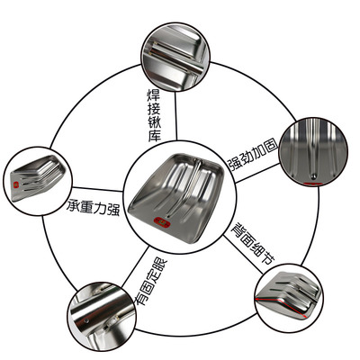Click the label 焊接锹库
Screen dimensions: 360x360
point(154,115)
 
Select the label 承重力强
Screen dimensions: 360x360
point(94,207)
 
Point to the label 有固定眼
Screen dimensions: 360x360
point(150,281)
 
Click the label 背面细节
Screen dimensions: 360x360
point(253,243)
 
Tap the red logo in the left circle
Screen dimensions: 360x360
point(15,184)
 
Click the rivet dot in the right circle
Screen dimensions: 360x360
point(313,175)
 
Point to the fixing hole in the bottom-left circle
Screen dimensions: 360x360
point(86,321)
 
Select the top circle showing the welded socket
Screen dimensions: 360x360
point(175,57)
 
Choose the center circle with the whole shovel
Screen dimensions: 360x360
point(180,197)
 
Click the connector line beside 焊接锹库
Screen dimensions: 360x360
point(176,116)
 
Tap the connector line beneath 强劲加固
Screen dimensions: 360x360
point(257,173)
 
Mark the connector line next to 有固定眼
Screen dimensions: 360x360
point(136,267)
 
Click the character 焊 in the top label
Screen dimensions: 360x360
point(154,94)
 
